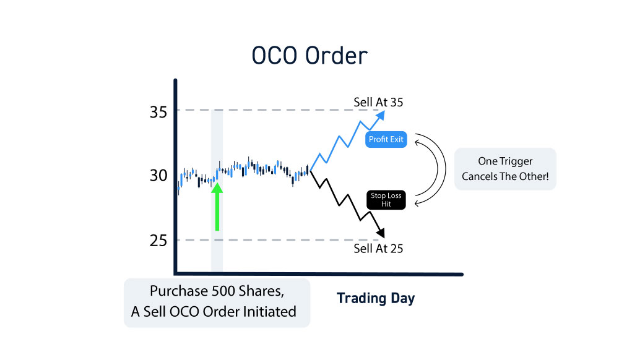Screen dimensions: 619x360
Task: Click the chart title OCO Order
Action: (x=309, y=56)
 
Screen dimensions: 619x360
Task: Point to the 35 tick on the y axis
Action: (x=158, y=113)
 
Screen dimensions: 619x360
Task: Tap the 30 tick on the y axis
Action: (x=158, y=176)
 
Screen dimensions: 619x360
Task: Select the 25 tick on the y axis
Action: (x=158, y=241)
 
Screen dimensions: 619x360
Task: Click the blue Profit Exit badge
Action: (x=386, y=140)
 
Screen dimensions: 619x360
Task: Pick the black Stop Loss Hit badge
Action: (x=386, y=200)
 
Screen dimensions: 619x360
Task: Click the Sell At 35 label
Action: (x=378, y=103)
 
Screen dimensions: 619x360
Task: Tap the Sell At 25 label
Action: (x=378, y=249)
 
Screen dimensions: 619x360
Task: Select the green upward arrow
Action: (x=217, y=207)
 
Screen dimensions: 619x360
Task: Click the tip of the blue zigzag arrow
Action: (x=384, y=111)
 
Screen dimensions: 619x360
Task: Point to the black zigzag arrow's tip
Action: (x=383, y=238)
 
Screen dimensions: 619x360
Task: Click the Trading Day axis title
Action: (x=376, y=299)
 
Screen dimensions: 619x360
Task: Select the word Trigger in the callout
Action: (x=516, y=161)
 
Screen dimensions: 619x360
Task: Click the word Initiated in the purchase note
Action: (x=269, y=312)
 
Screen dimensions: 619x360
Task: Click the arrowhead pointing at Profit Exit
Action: (x=417, y=142)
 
